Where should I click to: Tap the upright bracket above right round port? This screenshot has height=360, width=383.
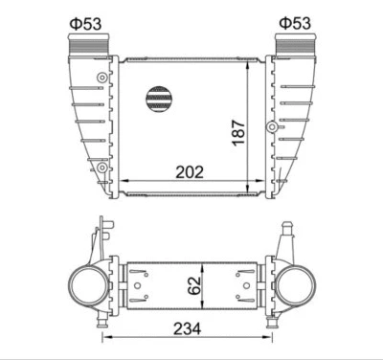pyautogui.click(x=284, y=240)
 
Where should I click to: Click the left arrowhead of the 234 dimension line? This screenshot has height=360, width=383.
pyautogui.click(x=107, y=338)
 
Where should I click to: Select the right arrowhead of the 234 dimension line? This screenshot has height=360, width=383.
pyautogui.click(x=274, y=338)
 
